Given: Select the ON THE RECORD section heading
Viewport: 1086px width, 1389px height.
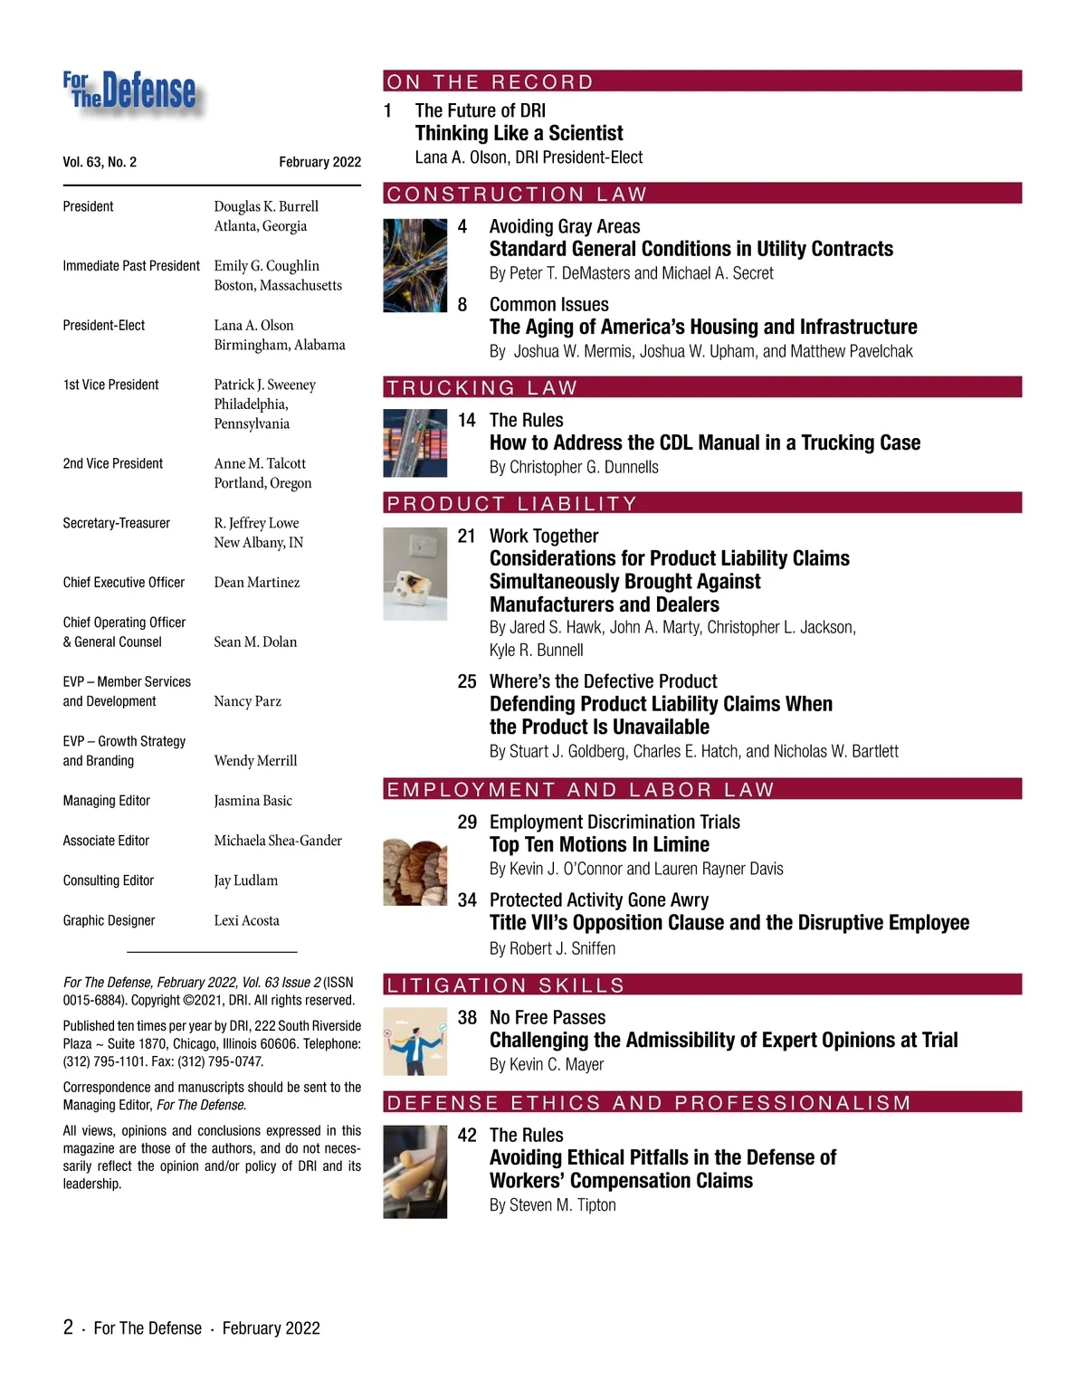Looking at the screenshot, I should pos(490,81).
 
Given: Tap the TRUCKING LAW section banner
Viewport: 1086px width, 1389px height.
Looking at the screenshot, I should pos(481,387).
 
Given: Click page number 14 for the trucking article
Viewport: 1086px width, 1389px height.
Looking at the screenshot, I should pos(467,420).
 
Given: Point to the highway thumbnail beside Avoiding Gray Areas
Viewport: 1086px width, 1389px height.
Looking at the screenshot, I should pos(414,265).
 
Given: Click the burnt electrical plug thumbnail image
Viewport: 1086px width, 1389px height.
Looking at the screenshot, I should pos(414,574).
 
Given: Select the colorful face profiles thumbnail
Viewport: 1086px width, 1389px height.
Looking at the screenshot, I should pos(414,871).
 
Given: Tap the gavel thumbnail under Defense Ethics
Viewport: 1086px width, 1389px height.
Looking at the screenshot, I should pos(414,1171).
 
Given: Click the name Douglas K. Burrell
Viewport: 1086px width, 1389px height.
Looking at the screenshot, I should pos(266,206).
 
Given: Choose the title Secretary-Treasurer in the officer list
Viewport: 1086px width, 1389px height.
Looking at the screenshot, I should pos(116,523).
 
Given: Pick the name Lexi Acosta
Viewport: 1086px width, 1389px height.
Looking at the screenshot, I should pos(246,920).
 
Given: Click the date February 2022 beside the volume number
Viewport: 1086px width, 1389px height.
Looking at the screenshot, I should pos(319,162).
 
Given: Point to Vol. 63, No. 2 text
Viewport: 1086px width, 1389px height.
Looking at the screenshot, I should pos(100,162).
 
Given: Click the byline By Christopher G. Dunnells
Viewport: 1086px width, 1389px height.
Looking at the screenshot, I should pos(574,467).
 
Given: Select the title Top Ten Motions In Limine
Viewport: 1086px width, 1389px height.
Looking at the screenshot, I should pos(599,844).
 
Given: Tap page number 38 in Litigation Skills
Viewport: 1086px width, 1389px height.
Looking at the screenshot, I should pos(467,1017).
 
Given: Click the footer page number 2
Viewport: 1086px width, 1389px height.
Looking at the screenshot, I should pos(68,1327).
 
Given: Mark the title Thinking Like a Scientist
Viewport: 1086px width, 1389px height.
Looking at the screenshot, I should pos(519,133).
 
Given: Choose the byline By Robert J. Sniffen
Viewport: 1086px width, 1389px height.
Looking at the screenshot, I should pos(552,948).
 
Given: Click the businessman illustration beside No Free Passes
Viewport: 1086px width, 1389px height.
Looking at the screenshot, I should pos(414,1041).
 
